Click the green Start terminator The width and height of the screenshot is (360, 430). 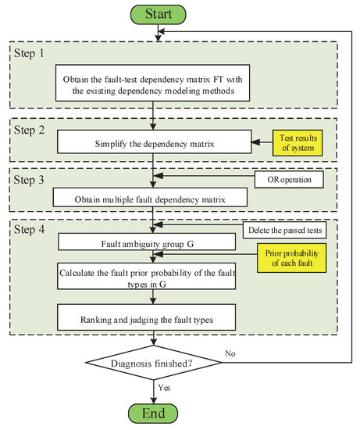click(159, 13)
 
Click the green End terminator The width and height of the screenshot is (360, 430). click(159, 414)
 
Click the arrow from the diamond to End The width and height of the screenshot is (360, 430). click(159, 390)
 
